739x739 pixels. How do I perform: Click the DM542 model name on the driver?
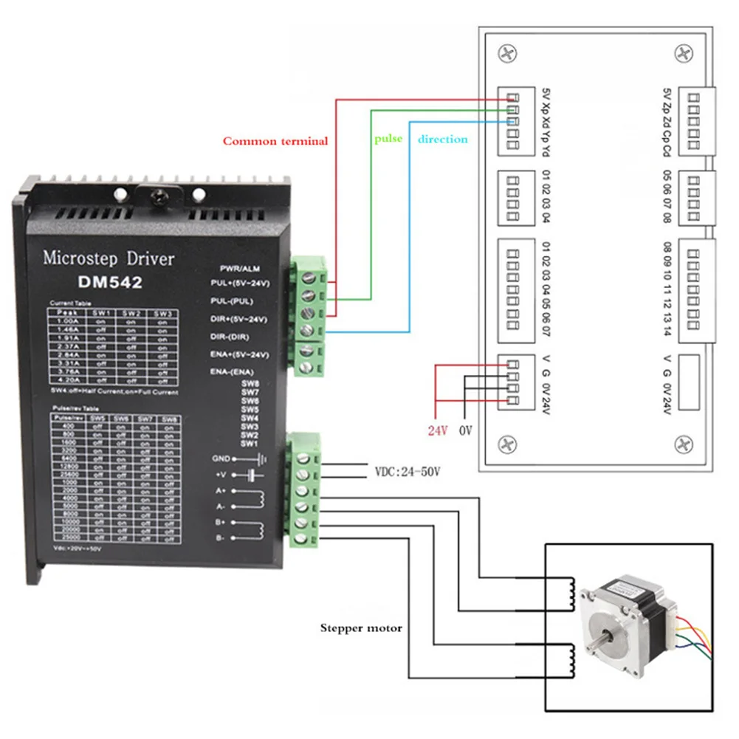(110, 281)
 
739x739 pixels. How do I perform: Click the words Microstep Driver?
(109, 258)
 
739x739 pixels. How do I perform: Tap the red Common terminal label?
(275, 141)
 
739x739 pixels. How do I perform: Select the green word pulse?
(388, 138)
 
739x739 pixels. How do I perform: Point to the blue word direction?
(443, 139)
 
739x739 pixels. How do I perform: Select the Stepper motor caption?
(361, 628)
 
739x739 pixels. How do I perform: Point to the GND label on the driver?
(222, 458)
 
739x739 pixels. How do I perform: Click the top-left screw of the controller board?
(506, 53)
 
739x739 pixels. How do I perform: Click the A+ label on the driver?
(221, 490)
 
